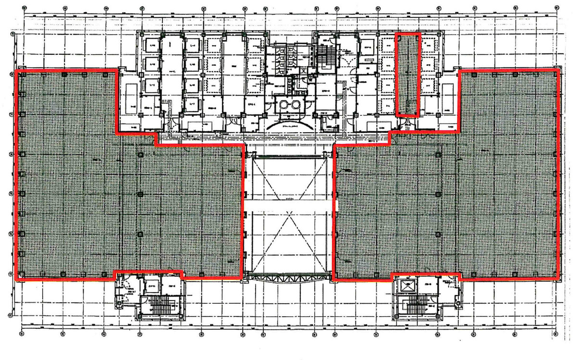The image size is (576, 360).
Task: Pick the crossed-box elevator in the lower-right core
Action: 408,287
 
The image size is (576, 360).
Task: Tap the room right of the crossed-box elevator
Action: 429,287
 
